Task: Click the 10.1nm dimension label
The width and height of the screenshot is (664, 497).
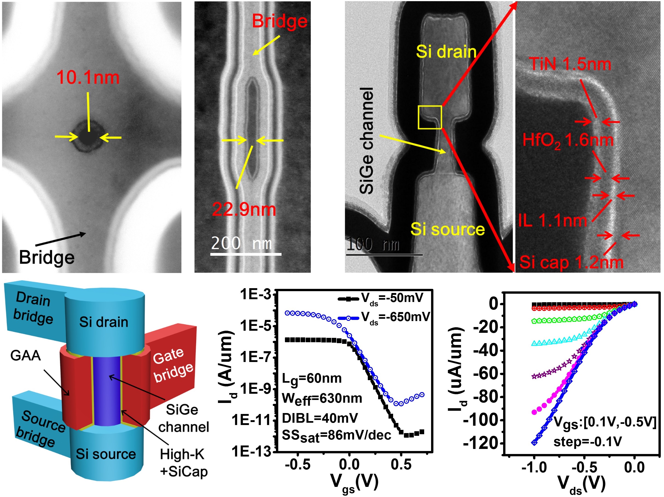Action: point(88,77)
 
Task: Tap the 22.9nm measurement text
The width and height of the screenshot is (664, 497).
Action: point(244,209)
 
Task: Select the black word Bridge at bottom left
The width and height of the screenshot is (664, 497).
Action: point(46,257)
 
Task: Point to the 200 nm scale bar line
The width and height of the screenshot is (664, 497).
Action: point(246,254)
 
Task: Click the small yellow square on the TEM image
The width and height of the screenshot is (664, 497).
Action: point(429,117)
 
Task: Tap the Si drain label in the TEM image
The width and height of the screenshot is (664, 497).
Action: point(446,51)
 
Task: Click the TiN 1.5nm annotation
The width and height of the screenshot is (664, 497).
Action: point(570,64)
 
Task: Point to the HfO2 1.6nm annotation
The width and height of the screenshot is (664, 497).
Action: point(567,140)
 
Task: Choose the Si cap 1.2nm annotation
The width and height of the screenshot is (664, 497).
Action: point(571,262)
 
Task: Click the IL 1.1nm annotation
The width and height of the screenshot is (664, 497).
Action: point(552,221)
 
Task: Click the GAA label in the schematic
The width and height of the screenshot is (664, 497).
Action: point(26,355)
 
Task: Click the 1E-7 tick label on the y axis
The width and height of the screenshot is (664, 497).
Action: point(255,357)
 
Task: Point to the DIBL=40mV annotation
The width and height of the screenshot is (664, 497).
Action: point(320,418)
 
